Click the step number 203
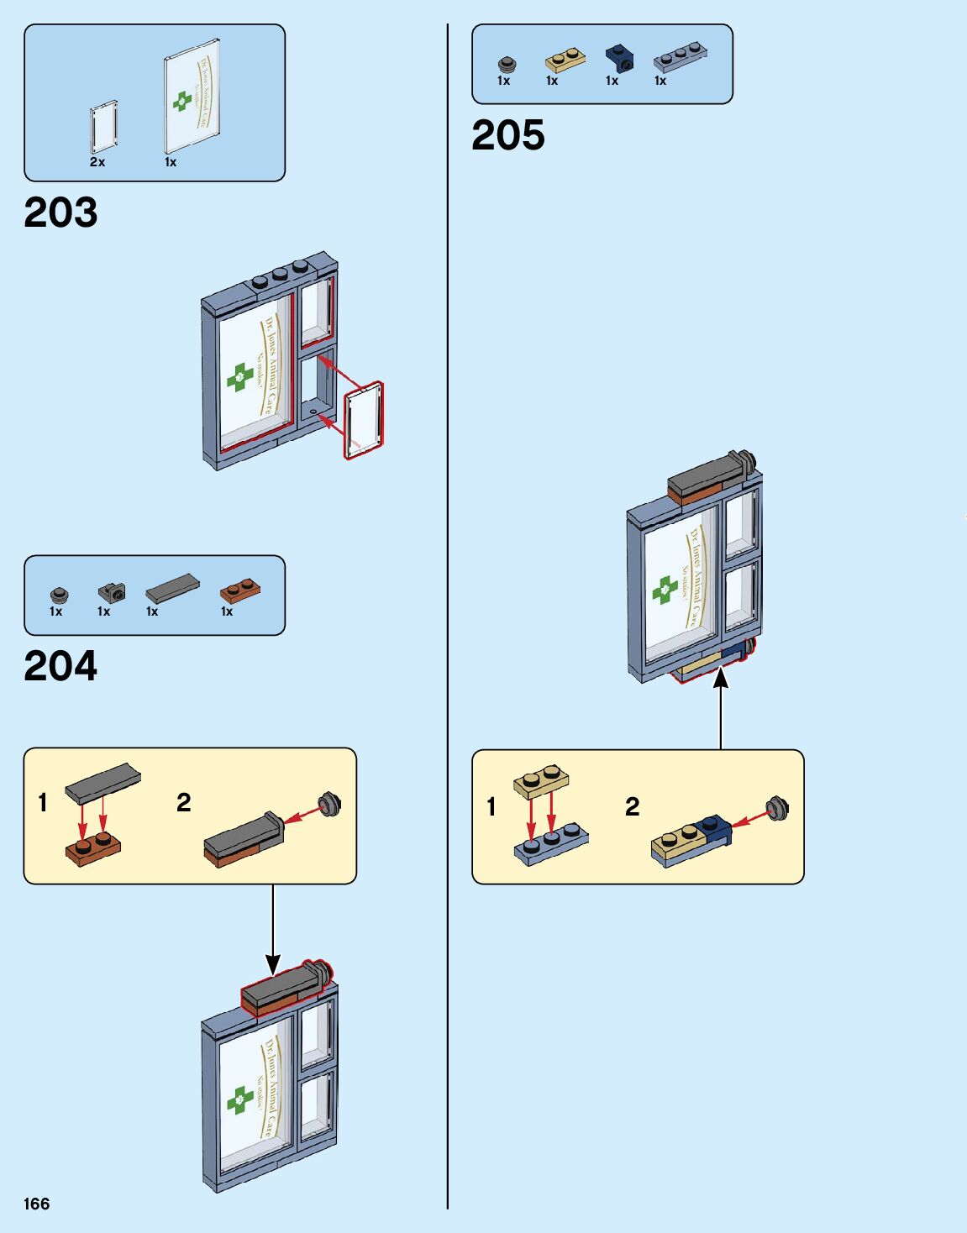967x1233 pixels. [60, 213]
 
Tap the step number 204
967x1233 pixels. [60, 667]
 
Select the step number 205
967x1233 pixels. [508, 136]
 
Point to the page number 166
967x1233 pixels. [37, 1204]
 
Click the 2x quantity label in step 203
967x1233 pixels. [97, 162]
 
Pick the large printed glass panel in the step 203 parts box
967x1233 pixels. [192, 97]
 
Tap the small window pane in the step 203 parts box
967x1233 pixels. [104, 126]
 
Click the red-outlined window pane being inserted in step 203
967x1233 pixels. [364, 421]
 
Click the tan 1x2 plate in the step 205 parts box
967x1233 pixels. [565, 60]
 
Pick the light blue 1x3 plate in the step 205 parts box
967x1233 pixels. [680, 56]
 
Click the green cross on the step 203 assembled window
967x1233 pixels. [240, 378]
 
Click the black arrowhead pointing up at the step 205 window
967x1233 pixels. [721, 678]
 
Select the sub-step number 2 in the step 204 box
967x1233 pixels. [184, 803]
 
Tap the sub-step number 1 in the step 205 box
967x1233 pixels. [491, 807]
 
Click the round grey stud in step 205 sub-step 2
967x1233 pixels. [778, 808]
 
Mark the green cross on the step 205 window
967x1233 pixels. [666, 590]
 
